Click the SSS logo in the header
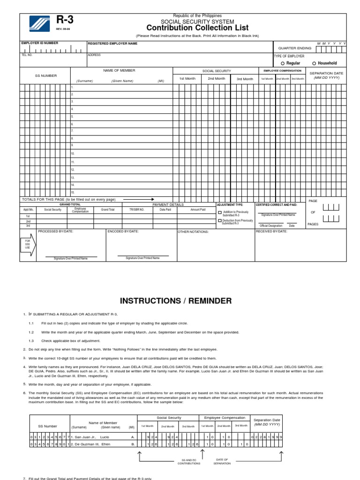click(38, 22)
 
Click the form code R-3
click(65, 20)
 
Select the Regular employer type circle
click(283, 63)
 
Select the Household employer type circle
click(314, 63)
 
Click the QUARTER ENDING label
click(294, 48)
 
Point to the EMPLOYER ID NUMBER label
click(40, 43)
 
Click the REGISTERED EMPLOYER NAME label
click(112, 44)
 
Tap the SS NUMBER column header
click(46, 75)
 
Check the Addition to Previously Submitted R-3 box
click(219, 212)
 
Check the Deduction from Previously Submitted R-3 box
click(219, 220)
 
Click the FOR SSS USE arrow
click(28, 245)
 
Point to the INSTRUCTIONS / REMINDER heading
click(176, 301)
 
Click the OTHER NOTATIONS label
click(193, 232)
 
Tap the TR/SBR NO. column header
click(137, 210)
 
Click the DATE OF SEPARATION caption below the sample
click(222, 461)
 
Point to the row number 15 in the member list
click(73, 193)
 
